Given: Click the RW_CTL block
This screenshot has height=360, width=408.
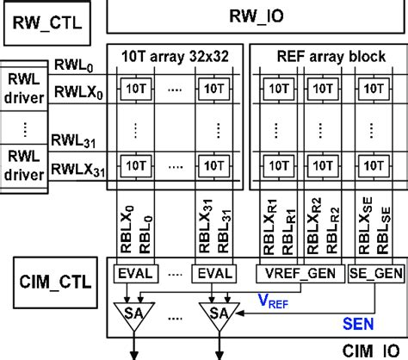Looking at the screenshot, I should click(48, 19).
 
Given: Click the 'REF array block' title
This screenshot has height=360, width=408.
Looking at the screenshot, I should click(329, 54).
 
